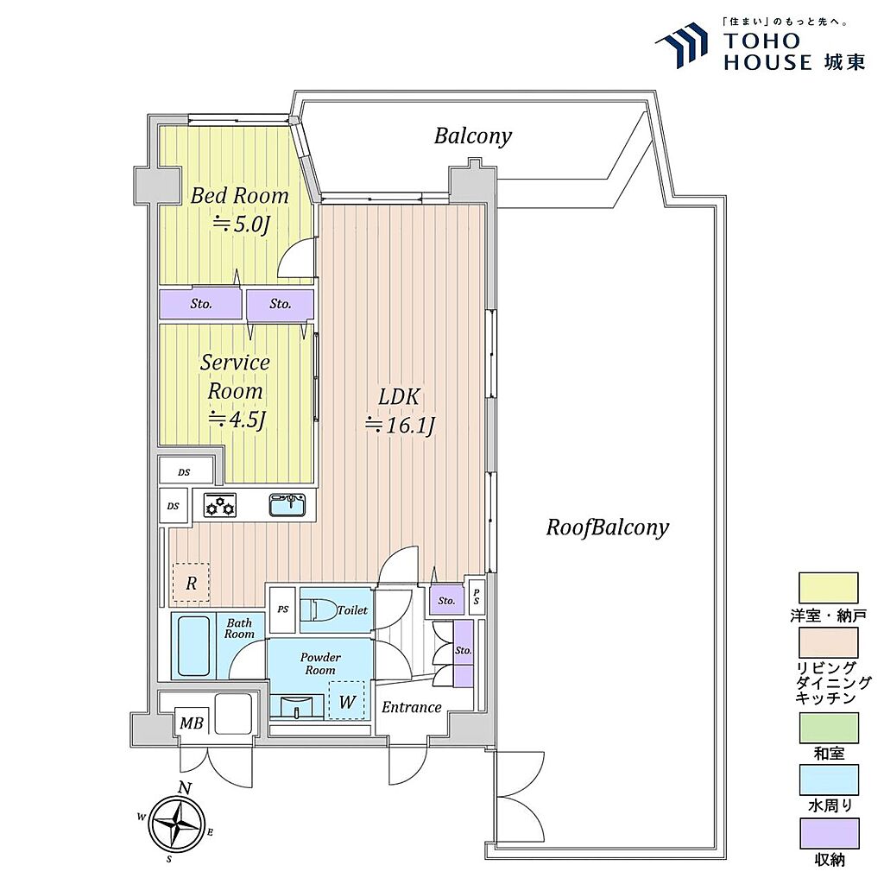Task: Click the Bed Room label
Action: point(240,196)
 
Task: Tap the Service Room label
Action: point(235,376)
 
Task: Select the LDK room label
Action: point(399,397)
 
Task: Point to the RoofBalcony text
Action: point(607,527)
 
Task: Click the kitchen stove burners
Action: point(220,504)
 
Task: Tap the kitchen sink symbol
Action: point(287,504)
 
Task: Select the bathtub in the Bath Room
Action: point(194,646)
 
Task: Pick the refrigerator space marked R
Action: point(191,583)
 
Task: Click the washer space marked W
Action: point(347,701)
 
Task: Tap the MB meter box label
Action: point(191,723)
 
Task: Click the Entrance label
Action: point(412,707)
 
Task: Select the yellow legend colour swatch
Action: point(828,588)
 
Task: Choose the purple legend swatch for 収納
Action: point(829,833)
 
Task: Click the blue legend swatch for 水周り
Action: point(829,780)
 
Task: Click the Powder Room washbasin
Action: point(297,706)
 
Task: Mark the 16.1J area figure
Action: point(400,425)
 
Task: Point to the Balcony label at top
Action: point(473,136)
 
